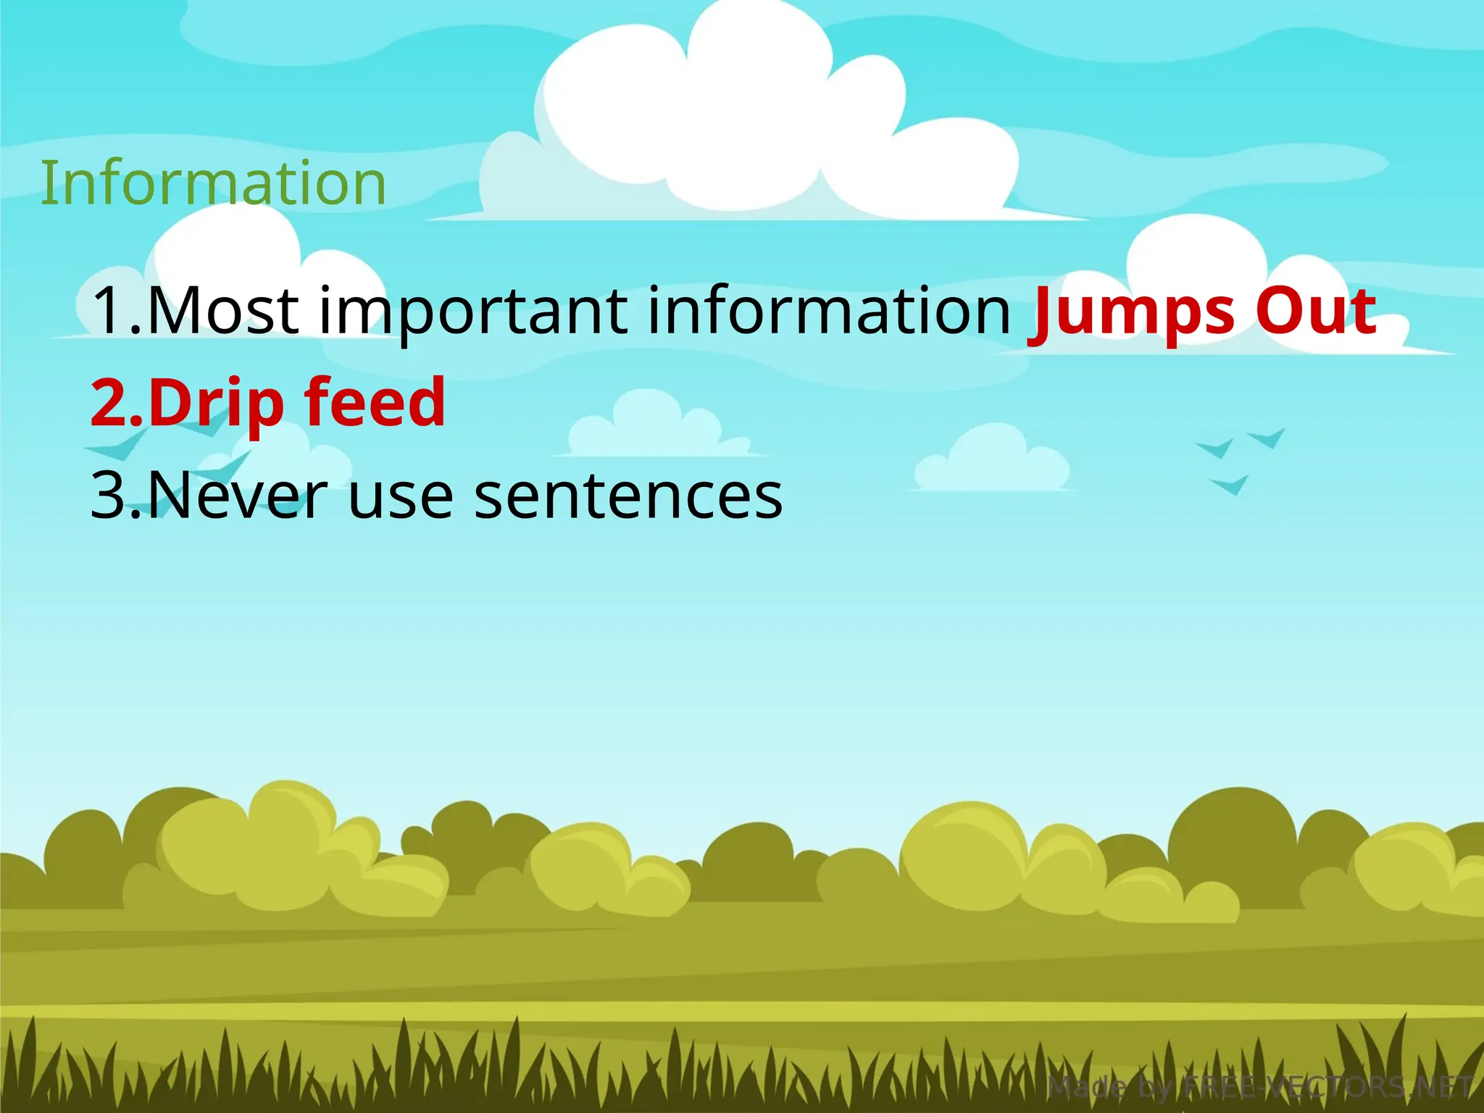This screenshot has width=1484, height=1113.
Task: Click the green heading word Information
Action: point(213,183)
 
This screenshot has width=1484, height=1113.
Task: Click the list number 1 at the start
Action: point(110,311)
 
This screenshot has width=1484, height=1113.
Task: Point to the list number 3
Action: point(110,496)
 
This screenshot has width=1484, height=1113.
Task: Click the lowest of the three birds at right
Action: point(1230,484)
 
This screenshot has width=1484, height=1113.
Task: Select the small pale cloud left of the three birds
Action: point(991,459)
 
